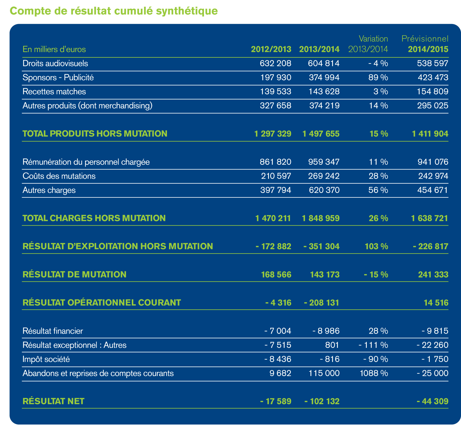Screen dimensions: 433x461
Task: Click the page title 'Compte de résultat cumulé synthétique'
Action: point(114,11)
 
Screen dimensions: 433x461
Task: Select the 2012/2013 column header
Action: point(271,49)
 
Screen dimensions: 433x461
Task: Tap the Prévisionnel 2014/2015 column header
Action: point(425,44)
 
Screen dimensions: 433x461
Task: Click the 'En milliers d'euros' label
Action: point(54,49)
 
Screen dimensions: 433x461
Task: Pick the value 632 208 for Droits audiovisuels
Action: point(275,63)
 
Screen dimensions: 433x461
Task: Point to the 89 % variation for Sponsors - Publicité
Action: point(378,77)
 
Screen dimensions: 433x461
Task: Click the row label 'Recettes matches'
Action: point(54,92)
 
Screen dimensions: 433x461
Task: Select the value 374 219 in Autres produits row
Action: point(324,106)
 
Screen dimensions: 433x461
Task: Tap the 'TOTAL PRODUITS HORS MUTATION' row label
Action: point(95,134)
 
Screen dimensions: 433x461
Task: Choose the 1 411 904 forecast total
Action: point(430,134)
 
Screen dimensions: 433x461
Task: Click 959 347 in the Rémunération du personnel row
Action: point(324,162)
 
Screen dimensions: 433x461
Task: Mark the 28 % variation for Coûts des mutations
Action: point(378,176)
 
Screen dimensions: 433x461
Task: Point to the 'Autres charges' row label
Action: point(49,190)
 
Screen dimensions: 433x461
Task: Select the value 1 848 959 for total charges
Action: point(321,218)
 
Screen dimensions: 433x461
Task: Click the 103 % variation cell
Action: point(376,246)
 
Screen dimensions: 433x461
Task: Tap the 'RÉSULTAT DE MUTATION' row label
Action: point(75,274)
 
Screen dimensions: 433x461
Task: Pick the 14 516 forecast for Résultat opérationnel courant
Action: point(436,303)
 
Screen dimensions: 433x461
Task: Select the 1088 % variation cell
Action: point(374,374)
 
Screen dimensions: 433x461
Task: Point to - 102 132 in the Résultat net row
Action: point(322,401)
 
